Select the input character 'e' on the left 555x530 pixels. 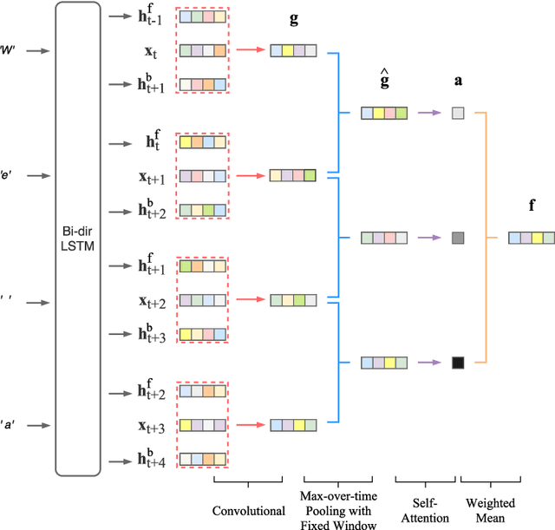tap(11, 175)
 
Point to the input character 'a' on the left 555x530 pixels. tap(11, 425)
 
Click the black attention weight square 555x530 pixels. tap(458, 363)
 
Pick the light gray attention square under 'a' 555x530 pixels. tap(458, 113)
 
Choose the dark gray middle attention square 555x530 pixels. tap(458, 238)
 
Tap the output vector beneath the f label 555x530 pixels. tap(532, 238)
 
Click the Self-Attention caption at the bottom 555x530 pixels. tap(425, 510)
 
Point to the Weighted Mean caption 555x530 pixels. tap(491, 510)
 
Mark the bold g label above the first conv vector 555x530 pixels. tap(294, 19)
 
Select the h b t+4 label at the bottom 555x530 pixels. tap(153, 456)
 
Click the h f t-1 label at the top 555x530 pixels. tap(153, 16)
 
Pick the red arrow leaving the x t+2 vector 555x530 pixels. tap(251, 300)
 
